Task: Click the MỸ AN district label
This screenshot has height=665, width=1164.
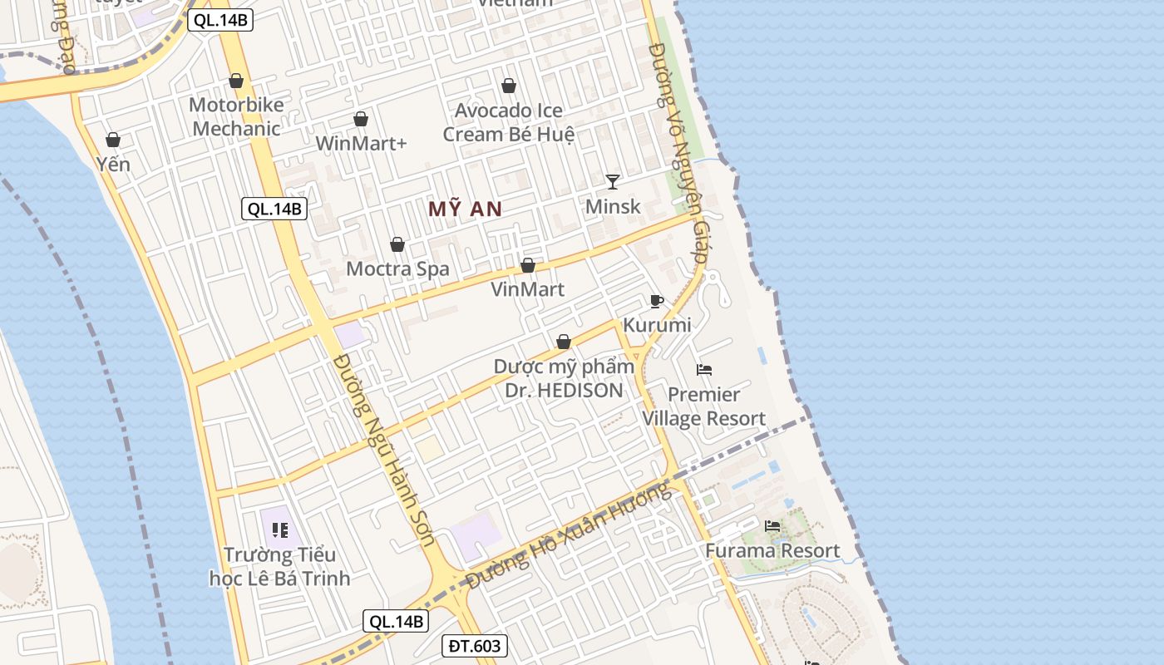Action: (465, 209)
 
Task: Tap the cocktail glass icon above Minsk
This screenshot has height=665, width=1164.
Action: (613, 181)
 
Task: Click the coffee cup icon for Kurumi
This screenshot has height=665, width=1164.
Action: (657, 301)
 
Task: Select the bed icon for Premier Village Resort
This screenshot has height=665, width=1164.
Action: (704, 370)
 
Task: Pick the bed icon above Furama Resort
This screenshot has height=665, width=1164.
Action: (772, 526)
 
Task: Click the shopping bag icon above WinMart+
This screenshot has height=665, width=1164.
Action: (361, 119)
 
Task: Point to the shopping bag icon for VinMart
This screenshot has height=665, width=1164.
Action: (527, 265)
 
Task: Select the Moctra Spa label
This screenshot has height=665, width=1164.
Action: (397, 268)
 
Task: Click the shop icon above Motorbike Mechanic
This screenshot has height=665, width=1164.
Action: (236, 81)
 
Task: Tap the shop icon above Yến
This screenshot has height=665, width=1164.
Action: (113, 140)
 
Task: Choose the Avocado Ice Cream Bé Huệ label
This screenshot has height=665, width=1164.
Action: (509, 122)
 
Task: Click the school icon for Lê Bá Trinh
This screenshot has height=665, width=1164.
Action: (279, 530)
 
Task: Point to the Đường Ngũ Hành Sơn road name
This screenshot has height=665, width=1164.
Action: (384, 450)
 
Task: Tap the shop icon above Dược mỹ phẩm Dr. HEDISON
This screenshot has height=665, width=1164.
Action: (564, 342)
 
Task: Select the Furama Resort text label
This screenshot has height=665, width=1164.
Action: (772, 550)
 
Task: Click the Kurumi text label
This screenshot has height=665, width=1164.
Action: (657, 325)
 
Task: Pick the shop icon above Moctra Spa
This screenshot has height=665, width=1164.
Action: (397, 244)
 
